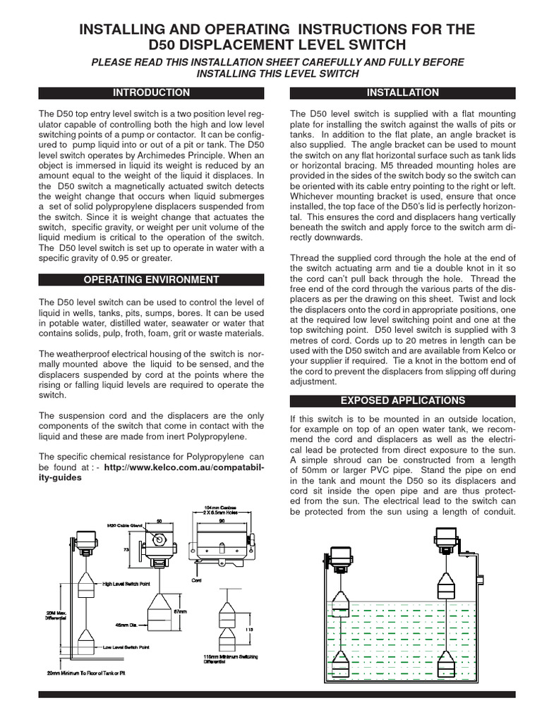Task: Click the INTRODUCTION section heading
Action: pyautogui.click(x=152, y=92)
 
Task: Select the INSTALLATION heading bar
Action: pyautogui.click(x=403, y=92)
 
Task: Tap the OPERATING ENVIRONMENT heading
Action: pyautogui.click(x=152, y=279)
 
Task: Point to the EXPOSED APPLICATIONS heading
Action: pyautogui.click(x=403, y=400)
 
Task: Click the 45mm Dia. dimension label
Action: pyautogui.click(x=126, y=623)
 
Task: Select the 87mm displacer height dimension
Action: pyautogui.click(x=180, y=611)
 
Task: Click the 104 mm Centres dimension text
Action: pyautogui.click(x=220, y=507)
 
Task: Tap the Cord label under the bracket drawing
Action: pyautogui.click(x=198, y=580)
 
